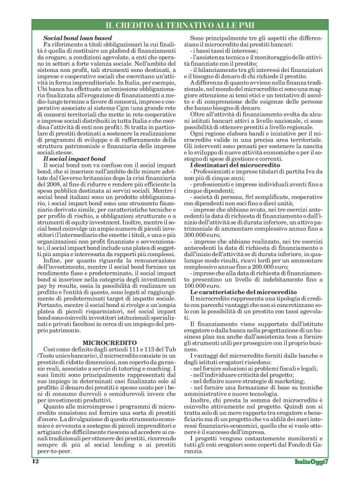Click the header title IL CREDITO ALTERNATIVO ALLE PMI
point(180,25)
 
